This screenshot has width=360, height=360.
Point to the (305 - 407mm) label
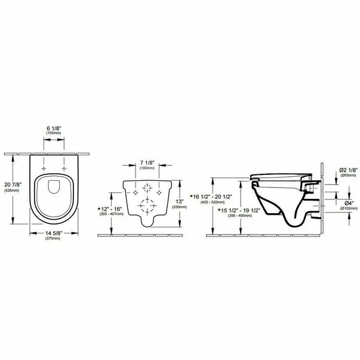tap(111, 213)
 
